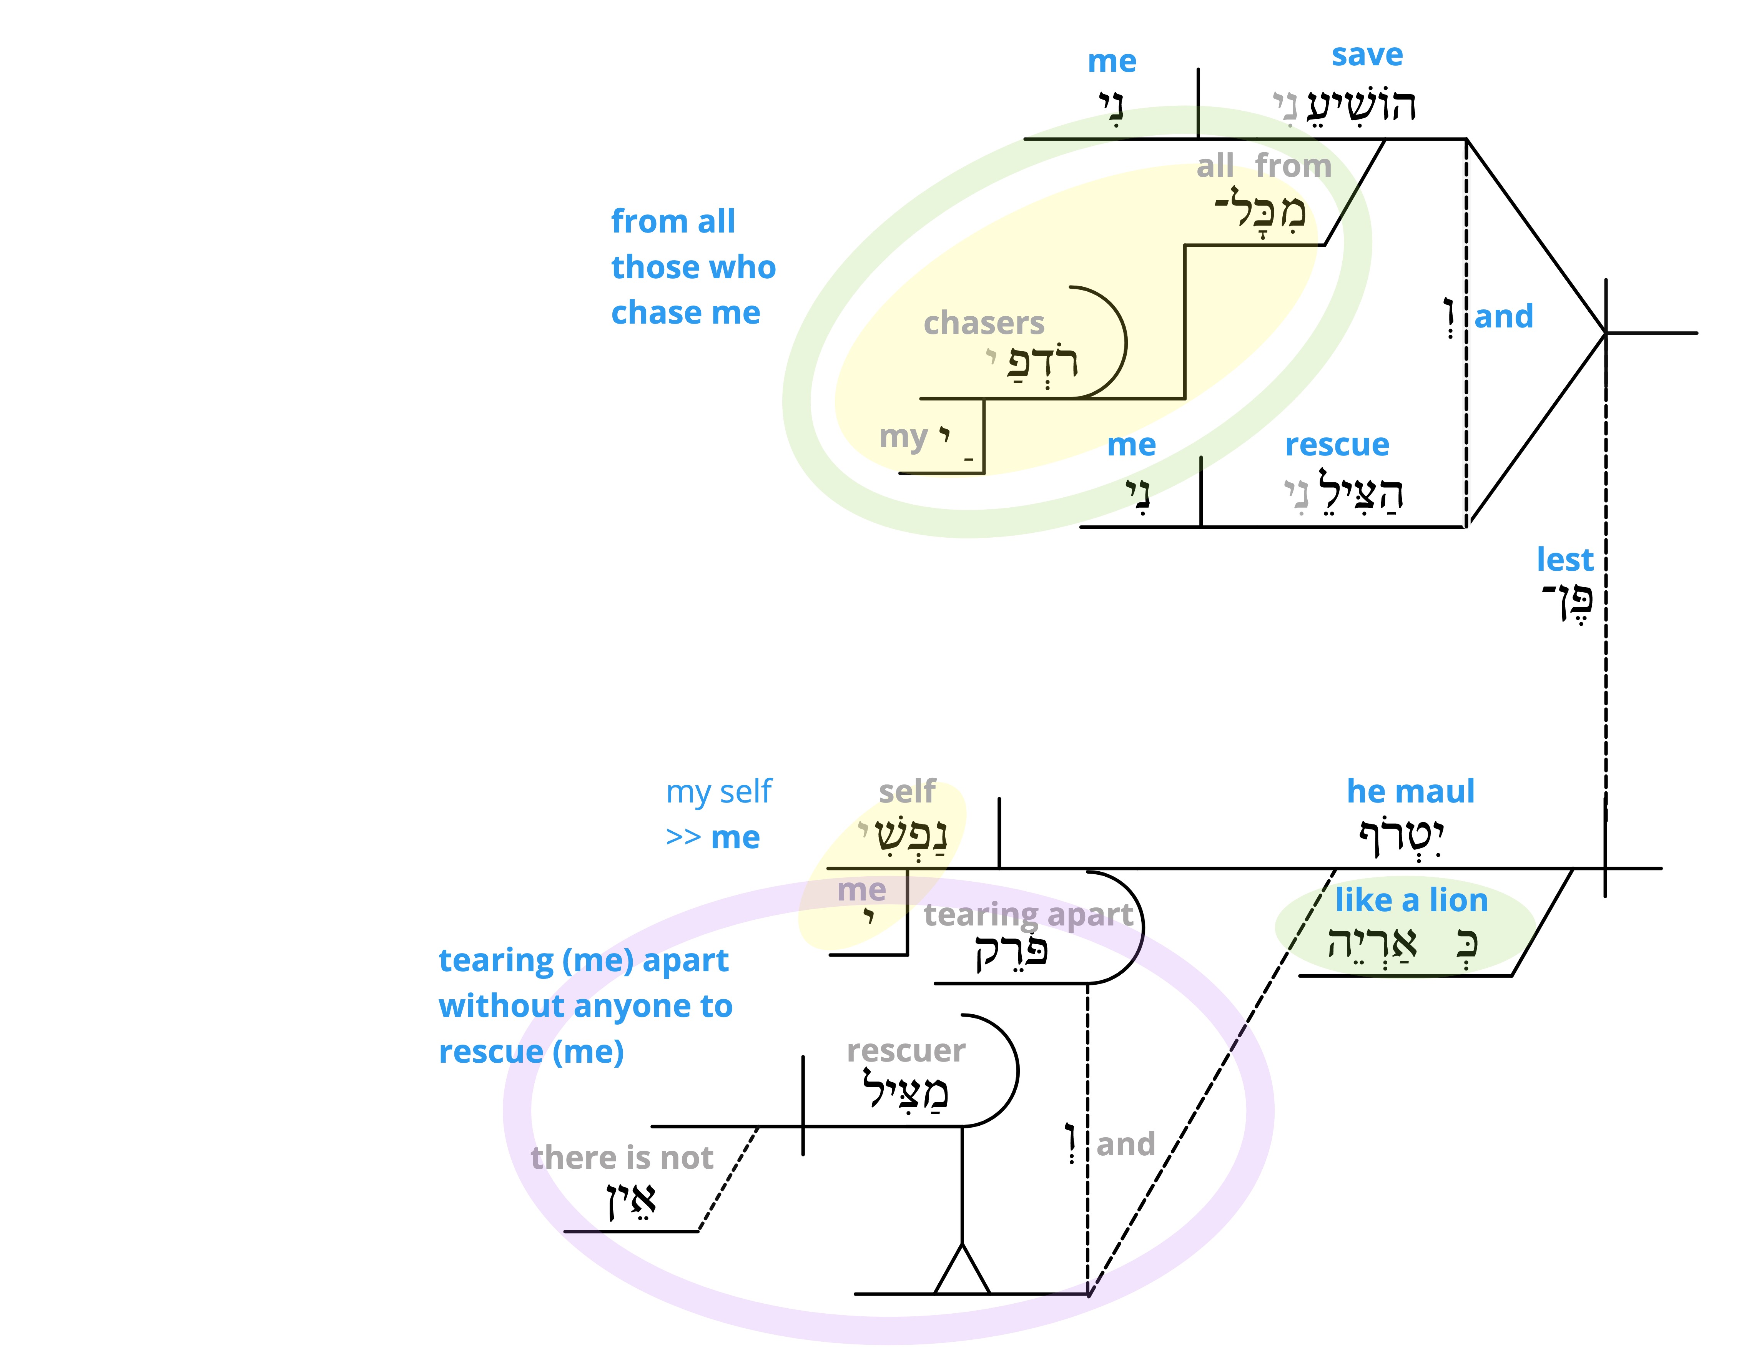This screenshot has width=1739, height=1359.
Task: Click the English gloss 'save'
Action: (1367, 55)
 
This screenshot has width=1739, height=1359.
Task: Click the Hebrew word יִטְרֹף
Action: (1401, 836)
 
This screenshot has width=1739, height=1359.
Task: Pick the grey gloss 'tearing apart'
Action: (1028, 915)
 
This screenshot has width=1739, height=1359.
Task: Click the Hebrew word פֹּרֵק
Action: (1011, 951)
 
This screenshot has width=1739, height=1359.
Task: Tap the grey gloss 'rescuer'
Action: (906, 1051)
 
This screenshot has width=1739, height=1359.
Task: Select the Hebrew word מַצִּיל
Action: (905, 1090)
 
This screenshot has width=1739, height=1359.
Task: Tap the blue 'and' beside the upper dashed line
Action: (1503, 316)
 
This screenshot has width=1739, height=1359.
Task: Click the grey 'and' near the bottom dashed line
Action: (1125, 1144)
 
